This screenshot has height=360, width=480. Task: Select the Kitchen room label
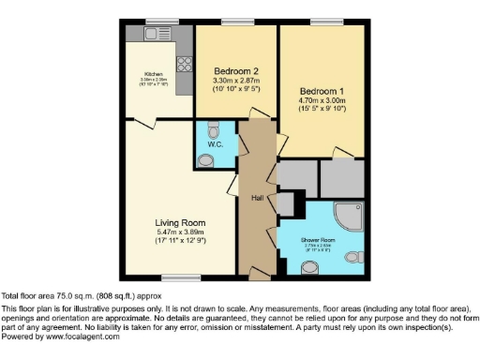[x=154, y=74]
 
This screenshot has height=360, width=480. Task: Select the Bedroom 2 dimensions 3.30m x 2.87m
[x=235, y=82]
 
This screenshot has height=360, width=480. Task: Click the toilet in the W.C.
[x=214, y=128]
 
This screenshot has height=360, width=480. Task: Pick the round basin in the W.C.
[x=207, y=159]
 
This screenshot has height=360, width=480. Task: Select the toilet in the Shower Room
[x=353, y=256]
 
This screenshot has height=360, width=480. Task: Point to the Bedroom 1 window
[x=322, y=22]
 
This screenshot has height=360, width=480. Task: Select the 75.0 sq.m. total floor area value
[x=82, y=294]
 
